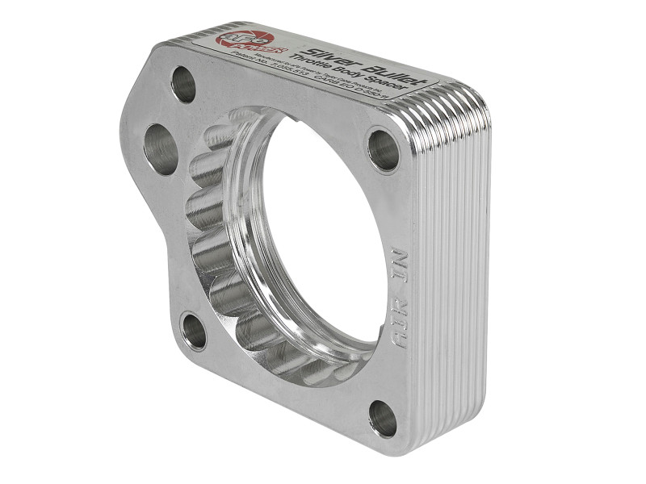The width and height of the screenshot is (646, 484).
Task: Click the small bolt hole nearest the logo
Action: tap(183, 84)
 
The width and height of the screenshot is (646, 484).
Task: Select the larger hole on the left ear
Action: tap(160, 148)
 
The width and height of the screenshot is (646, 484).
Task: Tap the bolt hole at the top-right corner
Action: tap(383, 148)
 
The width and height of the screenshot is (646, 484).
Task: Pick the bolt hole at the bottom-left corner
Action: tap(194, 332)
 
